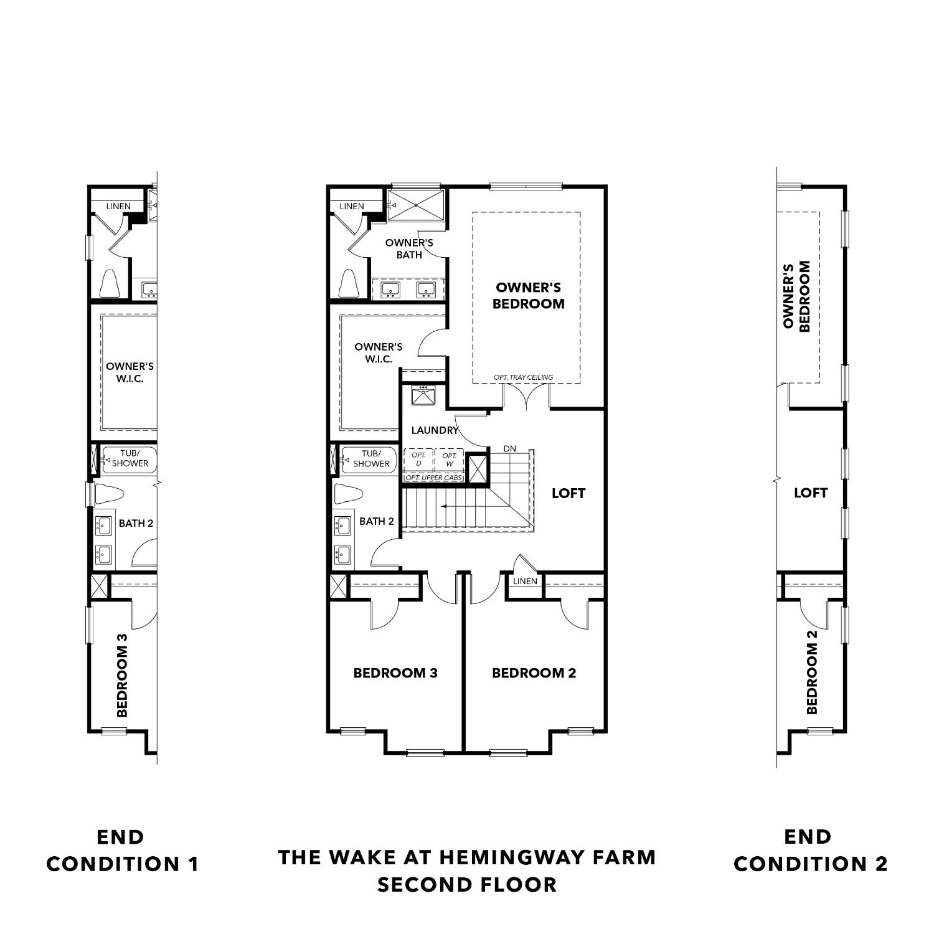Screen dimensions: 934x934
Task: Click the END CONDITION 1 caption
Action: coord(123,851)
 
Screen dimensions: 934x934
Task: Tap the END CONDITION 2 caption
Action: coord(810,851)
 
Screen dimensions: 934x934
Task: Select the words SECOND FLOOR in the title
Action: coord(467,885)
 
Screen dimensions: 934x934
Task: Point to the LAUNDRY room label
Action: coord(434,430)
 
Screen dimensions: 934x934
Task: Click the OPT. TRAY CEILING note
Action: coord(523,377)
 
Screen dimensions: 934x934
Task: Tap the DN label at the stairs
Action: coord(509,448)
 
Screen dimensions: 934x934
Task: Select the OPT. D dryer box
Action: coord(418,460)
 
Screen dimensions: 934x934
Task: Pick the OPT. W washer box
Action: coord(449,460)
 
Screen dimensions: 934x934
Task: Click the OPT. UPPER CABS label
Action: coord(433,478)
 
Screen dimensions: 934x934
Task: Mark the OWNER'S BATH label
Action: coord(409,248)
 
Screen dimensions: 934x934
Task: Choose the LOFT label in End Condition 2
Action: coord(811,493)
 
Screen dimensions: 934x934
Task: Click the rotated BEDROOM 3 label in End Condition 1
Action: coord(122,675)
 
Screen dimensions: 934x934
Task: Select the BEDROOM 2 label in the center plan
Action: coord(534,673)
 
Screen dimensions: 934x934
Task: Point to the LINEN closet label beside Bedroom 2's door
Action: coord(524,581)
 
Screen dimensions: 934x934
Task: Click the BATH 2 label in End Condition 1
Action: coord(136,523)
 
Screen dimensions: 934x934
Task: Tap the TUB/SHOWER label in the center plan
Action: coord(371,459)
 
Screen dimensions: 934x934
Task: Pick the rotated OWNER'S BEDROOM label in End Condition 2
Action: coord(796,296)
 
